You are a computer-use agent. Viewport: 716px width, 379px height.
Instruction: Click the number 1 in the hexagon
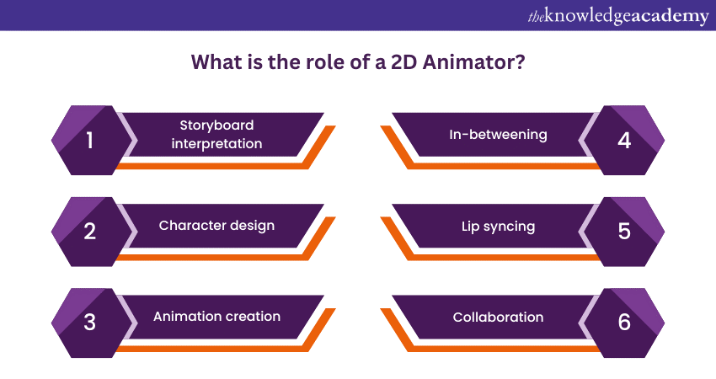90,141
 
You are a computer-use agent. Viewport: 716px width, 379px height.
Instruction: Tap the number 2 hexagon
90,232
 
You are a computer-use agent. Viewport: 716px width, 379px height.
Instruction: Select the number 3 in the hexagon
90,323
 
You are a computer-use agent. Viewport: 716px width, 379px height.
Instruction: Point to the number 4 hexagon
624,141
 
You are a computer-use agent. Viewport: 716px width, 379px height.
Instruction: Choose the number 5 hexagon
624,232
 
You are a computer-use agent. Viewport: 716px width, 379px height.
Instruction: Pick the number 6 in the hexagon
624,323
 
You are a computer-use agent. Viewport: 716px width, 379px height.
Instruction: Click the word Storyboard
216,125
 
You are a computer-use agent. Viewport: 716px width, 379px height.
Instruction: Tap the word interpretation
216,143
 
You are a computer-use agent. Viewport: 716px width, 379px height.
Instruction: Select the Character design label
216,226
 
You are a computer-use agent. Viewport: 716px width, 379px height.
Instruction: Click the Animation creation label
216,317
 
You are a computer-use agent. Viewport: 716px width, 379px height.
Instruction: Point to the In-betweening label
499,134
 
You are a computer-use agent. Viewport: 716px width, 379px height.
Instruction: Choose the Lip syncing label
499,226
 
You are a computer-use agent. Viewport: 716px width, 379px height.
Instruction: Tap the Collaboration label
499,317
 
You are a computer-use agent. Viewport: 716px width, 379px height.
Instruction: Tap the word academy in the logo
671,16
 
